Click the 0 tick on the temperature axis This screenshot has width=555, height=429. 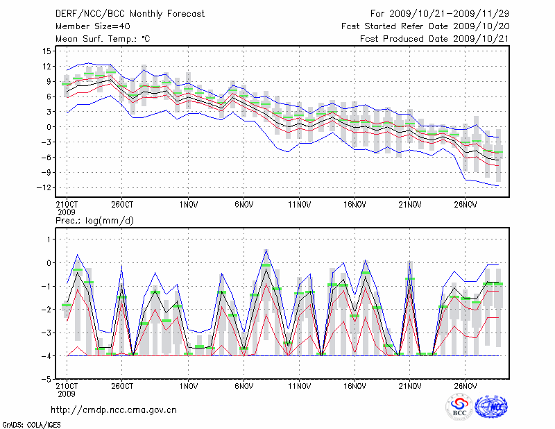pos(49,127)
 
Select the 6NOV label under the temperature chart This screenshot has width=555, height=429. pos(244,205)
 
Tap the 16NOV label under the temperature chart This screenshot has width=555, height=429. pos(355,205)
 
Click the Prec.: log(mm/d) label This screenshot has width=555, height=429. pos(95,221)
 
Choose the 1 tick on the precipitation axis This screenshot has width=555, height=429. pos(49,239)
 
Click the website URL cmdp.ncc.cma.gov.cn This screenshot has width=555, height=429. pos(114,410)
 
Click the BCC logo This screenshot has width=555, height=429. pos(459,407)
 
